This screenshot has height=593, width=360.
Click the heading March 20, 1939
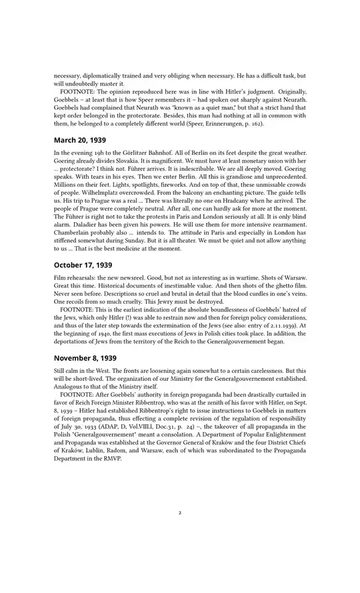click(x=79, y=141)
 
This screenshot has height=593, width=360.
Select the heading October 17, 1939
click(x=83, y=265)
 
